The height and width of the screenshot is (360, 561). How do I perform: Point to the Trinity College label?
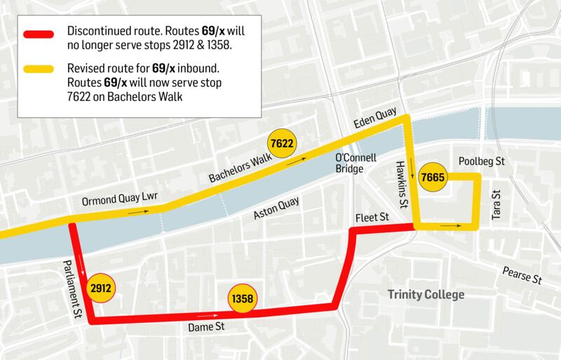(x=426, y=295)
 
